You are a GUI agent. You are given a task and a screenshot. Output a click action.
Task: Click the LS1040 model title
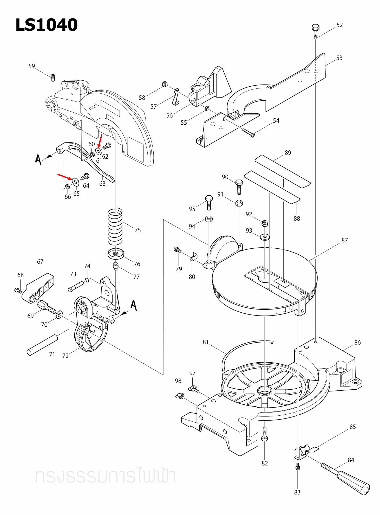coord(47,25)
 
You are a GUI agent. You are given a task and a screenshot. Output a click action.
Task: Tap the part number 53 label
coord(339,58)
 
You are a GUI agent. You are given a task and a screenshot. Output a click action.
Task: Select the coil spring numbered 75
coord(115,227)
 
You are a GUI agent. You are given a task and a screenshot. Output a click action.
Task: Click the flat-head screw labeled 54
coord(248,132)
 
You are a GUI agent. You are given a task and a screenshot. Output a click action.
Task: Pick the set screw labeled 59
coord(53,78)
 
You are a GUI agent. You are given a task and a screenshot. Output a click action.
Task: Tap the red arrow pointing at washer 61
coord(100,141)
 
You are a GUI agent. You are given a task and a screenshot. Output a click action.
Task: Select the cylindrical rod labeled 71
coord(42,345)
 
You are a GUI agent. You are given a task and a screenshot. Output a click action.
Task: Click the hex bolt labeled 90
coord(239,187)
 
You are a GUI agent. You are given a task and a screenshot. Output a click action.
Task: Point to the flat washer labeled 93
coord(265,237)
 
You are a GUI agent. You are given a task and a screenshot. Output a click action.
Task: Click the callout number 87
coord(344,240)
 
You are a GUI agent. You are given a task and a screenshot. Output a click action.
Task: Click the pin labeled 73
coord(76,286)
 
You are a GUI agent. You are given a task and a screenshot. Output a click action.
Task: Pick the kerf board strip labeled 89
coord(283,171)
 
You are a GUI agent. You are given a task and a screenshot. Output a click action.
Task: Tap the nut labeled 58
coord(164,84)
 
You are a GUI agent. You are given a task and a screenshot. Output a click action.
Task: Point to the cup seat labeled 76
coord(116,254)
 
